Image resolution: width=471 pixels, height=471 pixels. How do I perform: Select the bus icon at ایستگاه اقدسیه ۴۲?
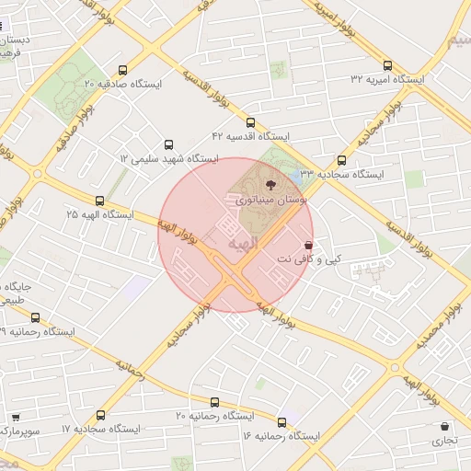coord(250,122)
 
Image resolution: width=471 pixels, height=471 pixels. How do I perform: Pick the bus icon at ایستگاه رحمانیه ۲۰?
coord(214,403)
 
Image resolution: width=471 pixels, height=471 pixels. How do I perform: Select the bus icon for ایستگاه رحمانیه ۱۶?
coord(281,422)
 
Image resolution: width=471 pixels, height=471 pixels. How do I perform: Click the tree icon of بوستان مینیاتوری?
coord(269,184)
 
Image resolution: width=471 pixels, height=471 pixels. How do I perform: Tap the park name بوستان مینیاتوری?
coord(271,199)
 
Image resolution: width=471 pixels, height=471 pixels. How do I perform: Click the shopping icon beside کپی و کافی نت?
coord(307,246)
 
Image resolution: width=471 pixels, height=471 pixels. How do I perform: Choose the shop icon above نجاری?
coord(446,427)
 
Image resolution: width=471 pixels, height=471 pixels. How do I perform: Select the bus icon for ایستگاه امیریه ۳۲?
coord(387,65)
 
